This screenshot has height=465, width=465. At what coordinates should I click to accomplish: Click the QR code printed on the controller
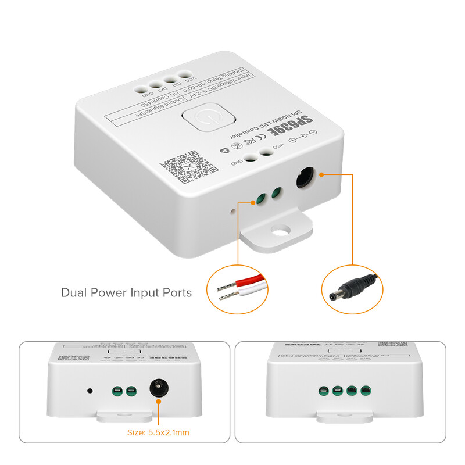181,166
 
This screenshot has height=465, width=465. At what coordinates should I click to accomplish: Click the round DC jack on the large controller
305,178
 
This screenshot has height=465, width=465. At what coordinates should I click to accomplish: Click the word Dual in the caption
74,292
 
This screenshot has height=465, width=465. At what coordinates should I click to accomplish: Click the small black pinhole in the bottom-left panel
90,391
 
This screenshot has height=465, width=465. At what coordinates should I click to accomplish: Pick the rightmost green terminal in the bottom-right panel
365,391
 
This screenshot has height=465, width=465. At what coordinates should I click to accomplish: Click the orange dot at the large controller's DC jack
321,174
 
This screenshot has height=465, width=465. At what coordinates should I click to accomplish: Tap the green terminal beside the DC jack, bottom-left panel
131,391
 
